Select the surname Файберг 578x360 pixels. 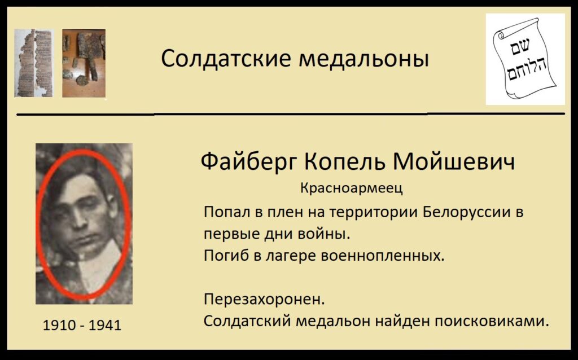(248, 162)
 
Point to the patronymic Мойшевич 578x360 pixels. (453, 161)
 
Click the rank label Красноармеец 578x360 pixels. (352, 188)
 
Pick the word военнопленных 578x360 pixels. (383, 256)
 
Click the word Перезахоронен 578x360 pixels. (264, 300)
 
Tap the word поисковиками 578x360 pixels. (492, 321)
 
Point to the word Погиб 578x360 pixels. (226, 255)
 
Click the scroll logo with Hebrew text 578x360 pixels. (525, 59)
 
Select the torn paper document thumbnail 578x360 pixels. (33, 63)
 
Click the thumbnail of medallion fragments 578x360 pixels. (84, 63)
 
